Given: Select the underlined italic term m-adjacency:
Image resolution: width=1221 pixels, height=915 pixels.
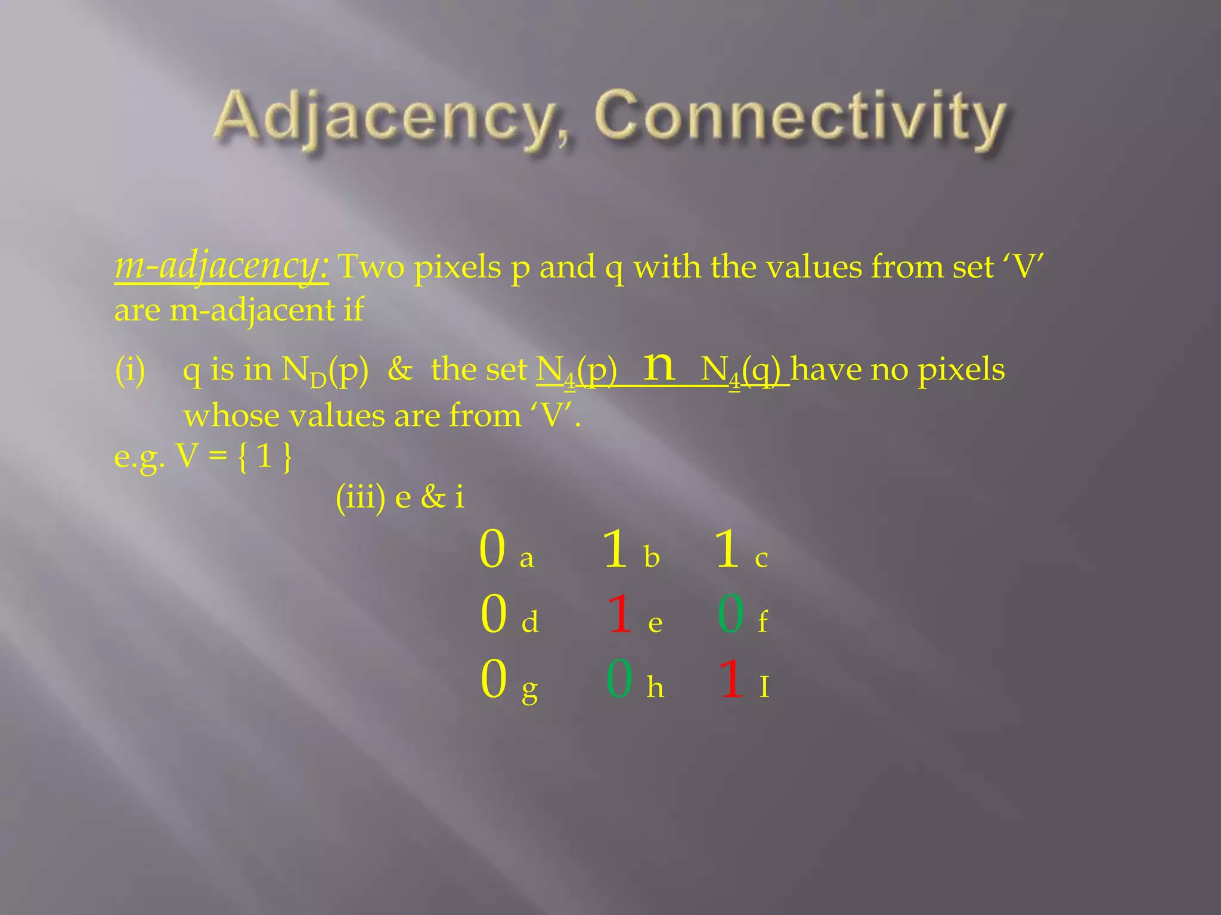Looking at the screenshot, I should click(221, 266).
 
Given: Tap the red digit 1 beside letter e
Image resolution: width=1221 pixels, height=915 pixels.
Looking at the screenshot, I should click(620, 614).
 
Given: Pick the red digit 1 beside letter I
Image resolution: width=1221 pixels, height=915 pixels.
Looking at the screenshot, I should click(732, 679).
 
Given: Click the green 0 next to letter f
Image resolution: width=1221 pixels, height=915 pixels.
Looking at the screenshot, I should click(731, 614).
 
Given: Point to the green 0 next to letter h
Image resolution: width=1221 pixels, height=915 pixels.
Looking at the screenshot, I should click(619, 679).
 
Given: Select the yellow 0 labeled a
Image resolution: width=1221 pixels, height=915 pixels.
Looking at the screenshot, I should click(492, 549).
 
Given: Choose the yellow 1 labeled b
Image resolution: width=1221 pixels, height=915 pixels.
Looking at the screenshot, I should click(615, 549).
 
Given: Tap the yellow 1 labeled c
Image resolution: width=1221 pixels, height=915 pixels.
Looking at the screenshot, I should click(727, 549).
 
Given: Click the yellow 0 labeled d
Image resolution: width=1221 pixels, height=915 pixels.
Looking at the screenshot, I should click(494, 614).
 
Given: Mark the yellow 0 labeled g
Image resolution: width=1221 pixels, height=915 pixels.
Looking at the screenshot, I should click(494, 679).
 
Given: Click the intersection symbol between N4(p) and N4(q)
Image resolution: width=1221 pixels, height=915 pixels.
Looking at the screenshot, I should click(659, 366).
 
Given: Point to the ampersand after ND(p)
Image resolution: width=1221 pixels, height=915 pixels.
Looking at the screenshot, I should click(399, 369).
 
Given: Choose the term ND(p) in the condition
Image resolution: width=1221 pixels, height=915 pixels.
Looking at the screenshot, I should click(325, 371).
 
